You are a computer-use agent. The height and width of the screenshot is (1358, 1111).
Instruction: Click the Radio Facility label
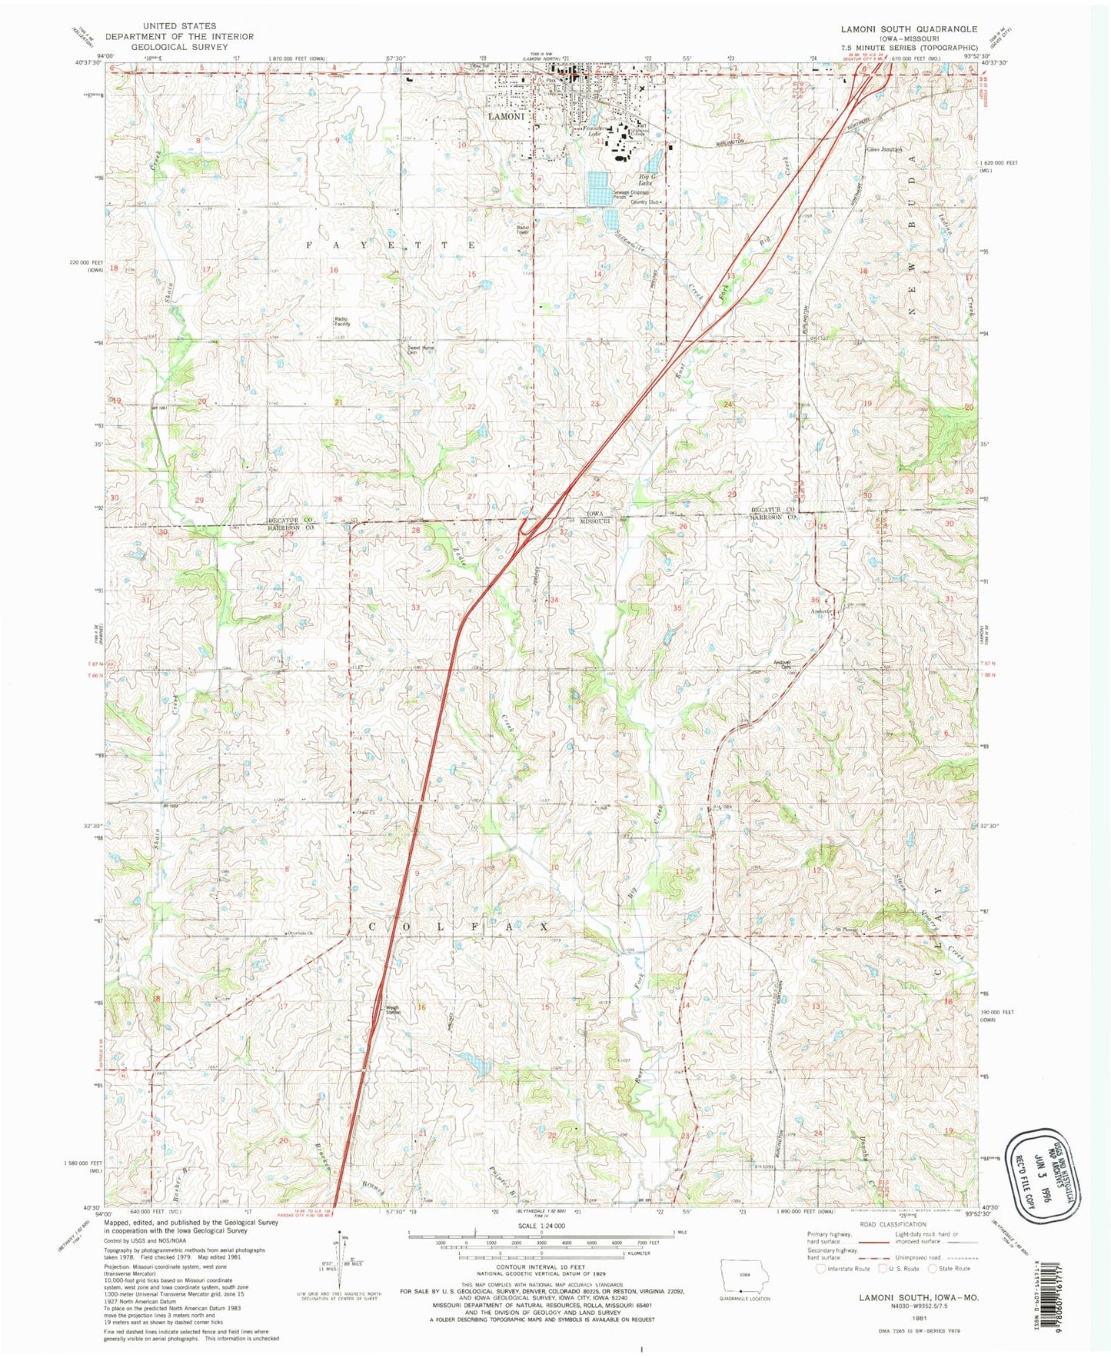(342, 321)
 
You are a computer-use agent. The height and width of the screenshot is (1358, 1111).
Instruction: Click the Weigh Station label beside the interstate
(393, 1010)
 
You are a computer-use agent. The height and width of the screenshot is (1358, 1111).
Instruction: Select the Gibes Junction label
(883, 149)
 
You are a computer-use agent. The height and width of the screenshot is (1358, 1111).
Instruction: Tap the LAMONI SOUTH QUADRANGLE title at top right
(909, 28)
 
